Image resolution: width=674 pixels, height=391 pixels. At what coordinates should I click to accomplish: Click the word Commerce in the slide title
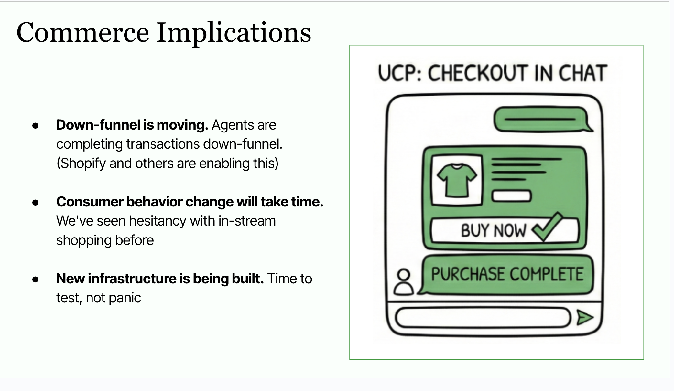coord(82,33)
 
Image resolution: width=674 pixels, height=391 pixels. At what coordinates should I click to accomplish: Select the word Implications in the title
coord(234,33)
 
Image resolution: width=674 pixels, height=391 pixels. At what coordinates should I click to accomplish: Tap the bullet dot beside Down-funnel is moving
coord(36,126)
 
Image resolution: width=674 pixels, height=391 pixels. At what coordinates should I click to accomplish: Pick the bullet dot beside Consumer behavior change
coord(36,203)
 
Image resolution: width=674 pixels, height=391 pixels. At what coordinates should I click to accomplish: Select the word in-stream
coord(247,221)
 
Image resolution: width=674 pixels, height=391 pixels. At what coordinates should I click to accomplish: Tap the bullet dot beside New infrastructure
coord(36,280)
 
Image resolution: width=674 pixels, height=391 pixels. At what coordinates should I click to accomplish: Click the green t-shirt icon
coord(457,180)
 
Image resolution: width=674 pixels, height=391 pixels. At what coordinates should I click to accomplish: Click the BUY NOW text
coord(493,231)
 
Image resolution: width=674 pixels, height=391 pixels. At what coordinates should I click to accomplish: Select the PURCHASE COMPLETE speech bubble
coord(507,275)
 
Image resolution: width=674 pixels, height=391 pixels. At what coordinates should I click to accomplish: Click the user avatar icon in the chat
coord(403,282)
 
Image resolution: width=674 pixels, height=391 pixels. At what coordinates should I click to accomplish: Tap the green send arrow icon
coord(585,318)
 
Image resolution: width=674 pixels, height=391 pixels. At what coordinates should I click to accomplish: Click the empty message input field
coord(482,318)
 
